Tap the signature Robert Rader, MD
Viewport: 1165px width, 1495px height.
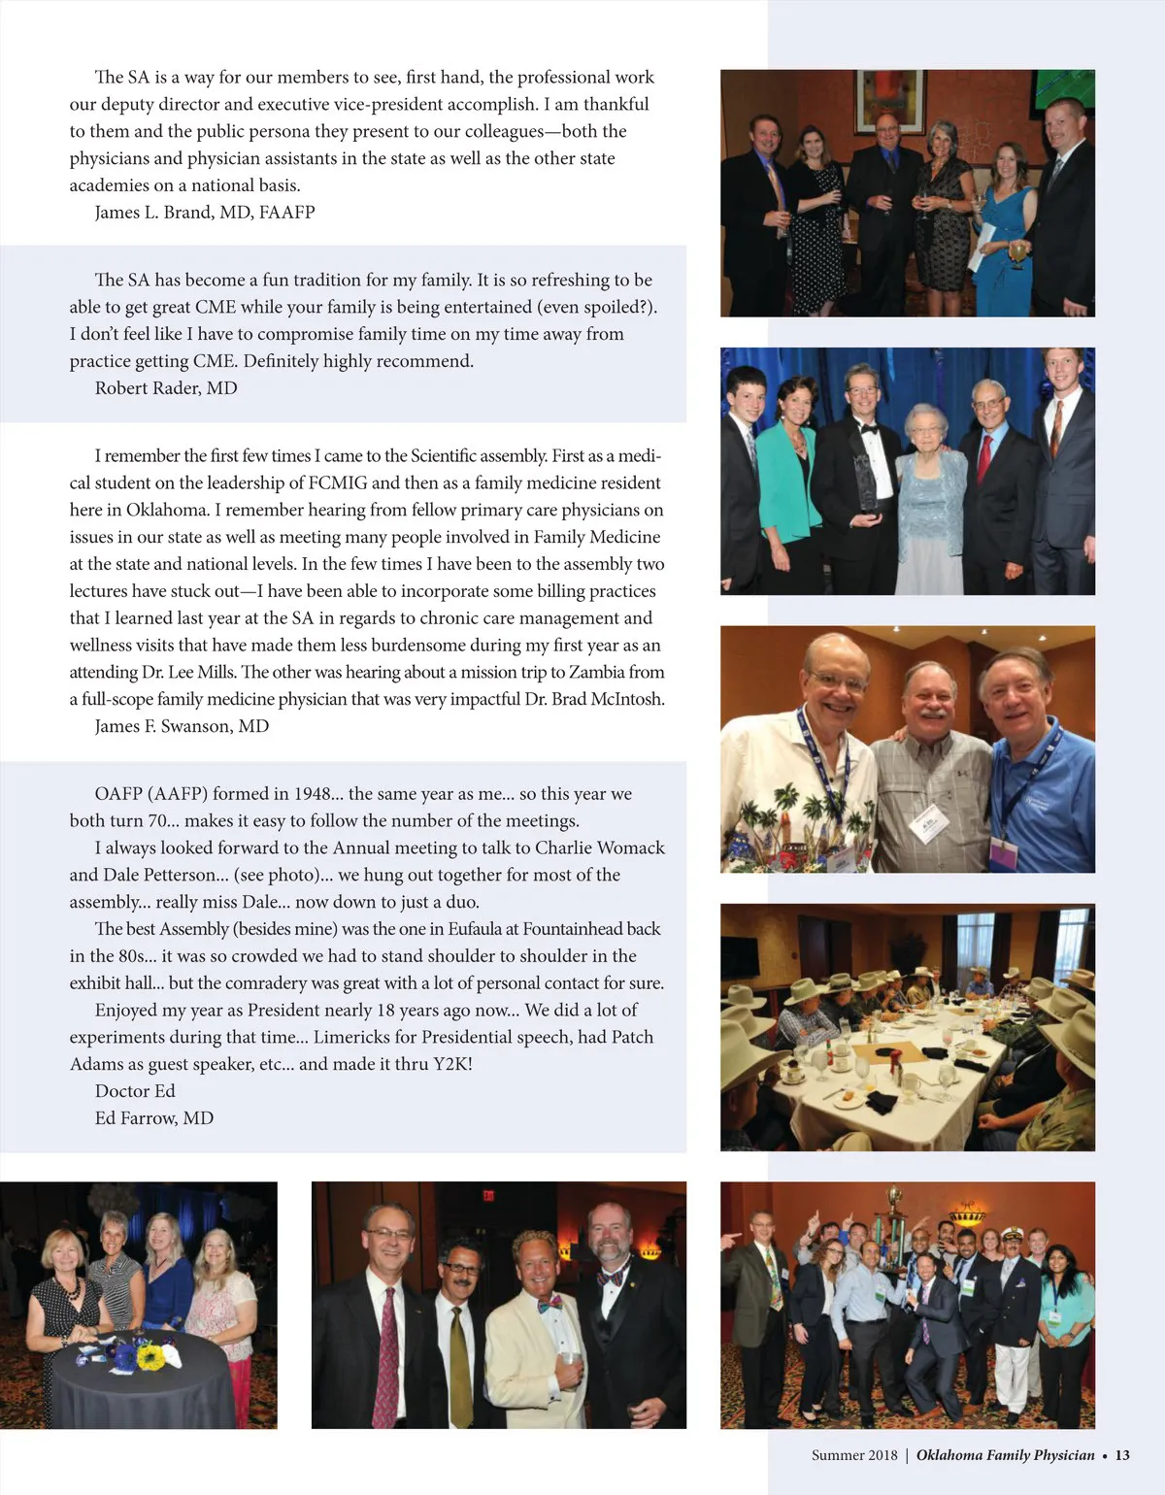point(166,388)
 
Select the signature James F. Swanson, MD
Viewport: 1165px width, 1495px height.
point(182,726)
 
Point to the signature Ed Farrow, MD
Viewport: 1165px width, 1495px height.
point(154,1118)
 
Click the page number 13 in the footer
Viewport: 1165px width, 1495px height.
point(1122,1455)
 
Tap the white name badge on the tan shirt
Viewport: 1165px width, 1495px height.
point(924,824)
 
